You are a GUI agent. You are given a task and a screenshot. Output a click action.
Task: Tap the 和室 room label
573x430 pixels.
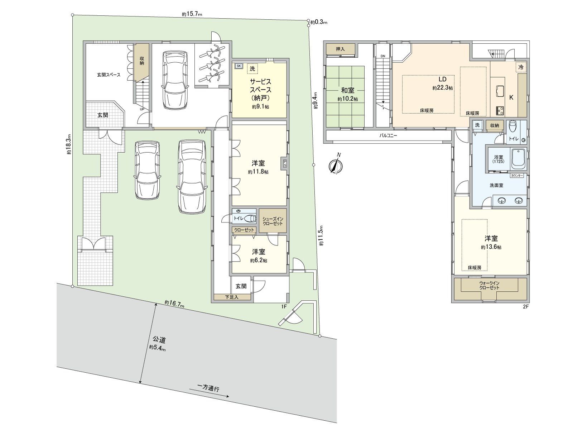(x=348, y=90)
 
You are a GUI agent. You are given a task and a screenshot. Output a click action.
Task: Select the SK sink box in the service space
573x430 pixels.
(x=239, y=66)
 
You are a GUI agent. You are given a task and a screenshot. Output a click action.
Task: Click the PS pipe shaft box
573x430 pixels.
(x=285, y=163)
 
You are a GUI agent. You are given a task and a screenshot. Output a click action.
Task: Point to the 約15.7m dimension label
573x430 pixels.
(x=192, y=14)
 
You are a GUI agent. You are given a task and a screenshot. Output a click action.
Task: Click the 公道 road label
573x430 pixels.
(x=159, y=340)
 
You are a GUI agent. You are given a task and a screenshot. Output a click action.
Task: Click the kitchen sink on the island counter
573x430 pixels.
(x=500, y=91)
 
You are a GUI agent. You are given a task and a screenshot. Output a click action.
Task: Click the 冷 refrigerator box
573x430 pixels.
(x=521, y=67)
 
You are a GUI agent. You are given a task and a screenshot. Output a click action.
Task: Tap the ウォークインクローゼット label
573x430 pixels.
(x=490, y=285)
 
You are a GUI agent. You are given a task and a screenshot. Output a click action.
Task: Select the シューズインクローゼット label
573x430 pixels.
(x=273, y=221)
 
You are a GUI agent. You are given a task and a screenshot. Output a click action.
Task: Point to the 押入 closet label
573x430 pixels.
(x=340, y=49)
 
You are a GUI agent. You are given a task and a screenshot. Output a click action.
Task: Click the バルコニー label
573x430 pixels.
(x=388, y=135)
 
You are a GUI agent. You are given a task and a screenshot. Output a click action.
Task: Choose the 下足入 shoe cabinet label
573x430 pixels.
(x=232, y=297)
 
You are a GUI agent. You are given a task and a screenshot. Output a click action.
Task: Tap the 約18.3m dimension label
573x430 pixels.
(x=69, y=144)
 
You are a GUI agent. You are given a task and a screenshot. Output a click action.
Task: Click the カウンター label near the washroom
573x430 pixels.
(x=517, y=176)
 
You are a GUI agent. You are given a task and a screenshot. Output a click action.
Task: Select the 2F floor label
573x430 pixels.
(x=526, y=306)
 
